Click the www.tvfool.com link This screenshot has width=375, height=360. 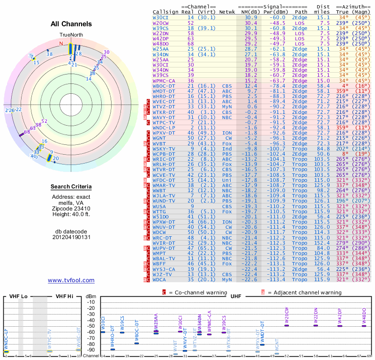pyautogui.click(x=71, y=280)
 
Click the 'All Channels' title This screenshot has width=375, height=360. pyautogui.click(x=71, y=24)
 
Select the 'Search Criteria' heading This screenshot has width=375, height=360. pyautogui.click(x=71, y=187)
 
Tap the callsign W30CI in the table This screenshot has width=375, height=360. pyautogui.click(x=161, y=17)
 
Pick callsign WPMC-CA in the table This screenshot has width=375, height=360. pyautogui.click(x=164, y=81)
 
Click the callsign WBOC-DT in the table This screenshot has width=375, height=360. pyautogui.click(x=164, y=86)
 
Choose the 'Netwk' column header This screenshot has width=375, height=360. pyautogui.click(x=227, y=11)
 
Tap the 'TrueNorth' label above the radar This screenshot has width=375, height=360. pyautogui.click(x=71, y=35)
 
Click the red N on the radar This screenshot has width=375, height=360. pyautogui.click(x=61, y=44)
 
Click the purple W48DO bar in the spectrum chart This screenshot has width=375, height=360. pyautogui.click(x=364, y=325)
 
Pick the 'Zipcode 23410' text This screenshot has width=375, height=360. pyautogui.click(x=71, y=208)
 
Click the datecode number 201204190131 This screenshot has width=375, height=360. pyautogui.click(x=71, y=237)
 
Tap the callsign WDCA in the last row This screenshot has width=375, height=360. pyautogui.click(x=161, y=280)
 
